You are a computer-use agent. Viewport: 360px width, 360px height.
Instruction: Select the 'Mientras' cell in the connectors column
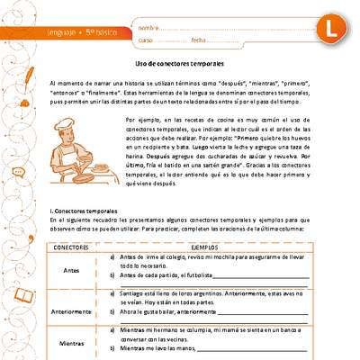(70, 343)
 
